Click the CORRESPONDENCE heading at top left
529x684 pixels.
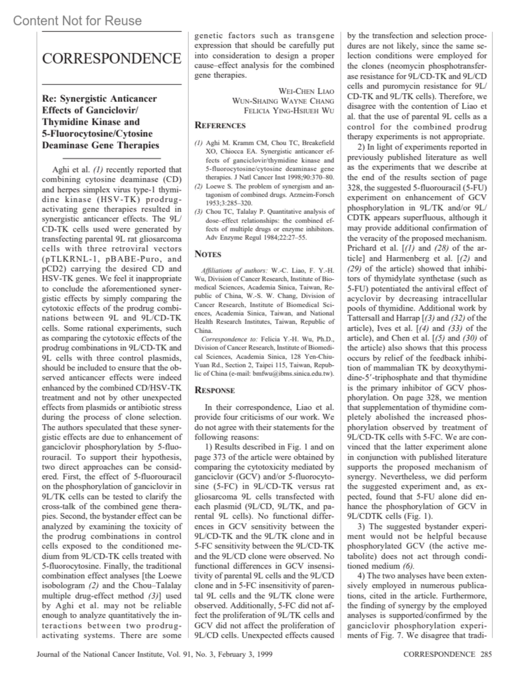click(x=112, y=59)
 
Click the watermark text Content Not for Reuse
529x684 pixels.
click(x=78, y=21)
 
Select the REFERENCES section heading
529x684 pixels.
click(x=220, y=126)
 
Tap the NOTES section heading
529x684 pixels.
click(x=208, y=254)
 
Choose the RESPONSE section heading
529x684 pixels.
click(x=215, y=390)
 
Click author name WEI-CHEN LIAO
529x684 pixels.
click(x=306, y=91)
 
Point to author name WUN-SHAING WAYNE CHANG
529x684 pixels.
click(x=283, y=101)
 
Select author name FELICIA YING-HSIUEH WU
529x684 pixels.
click(x=289, y=111)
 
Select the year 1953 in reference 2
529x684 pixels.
click(x=213, y=203)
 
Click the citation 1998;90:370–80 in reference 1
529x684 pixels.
click(x=310, y=177)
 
